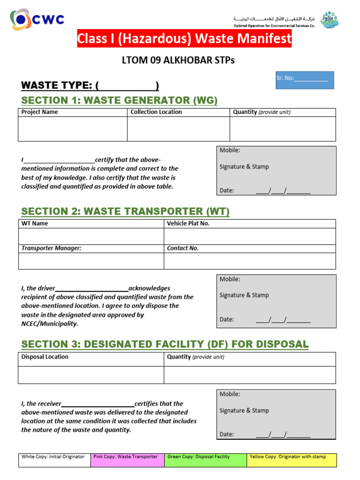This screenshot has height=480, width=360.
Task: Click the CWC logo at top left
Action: coord(37,19)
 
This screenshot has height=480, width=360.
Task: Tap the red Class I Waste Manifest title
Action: coord(184,39)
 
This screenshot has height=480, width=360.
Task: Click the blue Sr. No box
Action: coord(305,80)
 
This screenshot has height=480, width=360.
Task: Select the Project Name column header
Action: coord(40,112)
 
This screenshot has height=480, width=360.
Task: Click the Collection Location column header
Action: coord(156,112)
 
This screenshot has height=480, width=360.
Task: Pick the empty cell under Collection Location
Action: coord(178,129)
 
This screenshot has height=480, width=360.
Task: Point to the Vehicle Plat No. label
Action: coord(188,224)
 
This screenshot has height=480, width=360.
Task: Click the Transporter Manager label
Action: coord(52,248)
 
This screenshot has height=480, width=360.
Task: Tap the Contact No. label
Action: coord(183,248)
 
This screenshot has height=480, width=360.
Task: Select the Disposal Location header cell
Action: coord(45,357)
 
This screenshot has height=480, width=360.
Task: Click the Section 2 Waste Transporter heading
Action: coord(125,211)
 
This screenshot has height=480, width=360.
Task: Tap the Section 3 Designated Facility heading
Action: coord(165,345)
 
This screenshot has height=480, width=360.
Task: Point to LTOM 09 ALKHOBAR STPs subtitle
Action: coord(178,60)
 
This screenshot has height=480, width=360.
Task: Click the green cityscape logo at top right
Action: coord(329,20)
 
